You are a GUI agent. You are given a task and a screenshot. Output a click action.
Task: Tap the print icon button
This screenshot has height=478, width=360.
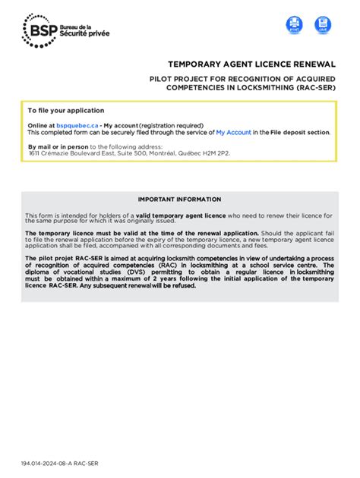(294, 25)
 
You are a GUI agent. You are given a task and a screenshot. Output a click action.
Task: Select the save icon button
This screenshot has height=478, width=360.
(323, 25)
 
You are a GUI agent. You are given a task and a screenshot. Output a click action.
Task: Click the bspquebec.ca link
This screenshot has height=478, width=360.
(77, 125)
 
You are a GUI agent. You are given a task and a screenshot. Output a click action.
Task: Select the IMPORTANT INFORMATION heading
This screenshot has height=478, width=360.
(180, 200)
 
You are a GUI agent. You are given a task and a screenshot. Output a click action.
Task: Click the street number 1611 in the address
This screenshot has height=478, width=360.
(35, 153)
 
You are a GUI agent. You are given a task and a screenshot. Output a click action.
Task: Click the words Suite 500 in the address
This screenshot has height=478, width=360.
(120, 153)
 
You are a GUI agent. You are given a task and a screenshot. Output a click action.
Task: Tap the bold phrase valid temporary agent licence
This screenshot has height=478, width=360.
(180, 215)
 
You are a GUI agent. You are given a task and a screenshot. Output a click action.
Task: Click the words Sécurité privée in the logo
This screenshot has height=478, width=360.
(85, 34)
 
